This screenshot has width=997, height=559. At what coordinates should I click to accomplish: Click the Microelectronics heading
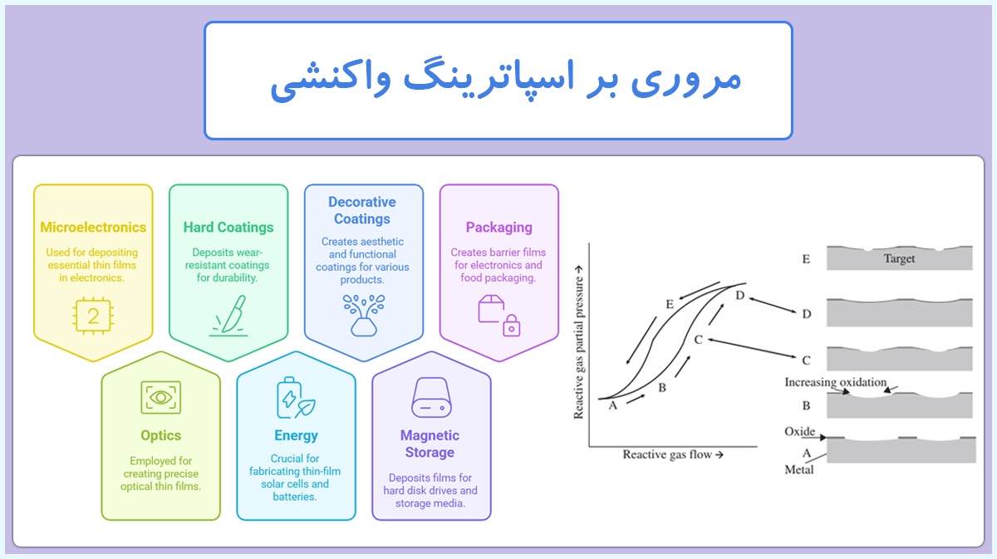pyautogui.click(x=93, y=227)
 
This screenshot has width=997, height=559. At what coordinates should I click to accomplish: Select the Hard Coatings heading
pyautogui.click(x=228, y=227)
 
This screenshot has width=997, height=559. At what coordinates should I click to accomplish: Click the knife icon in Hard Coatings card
pyautogui.click(x=228, y=315)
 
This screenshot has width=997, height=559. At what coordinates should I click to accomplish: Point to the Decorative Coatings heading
pyautogui.click(x=362, y=210)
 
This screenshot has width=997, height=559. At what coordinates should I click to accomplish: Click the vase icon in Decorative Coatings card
pyautogui.click(x=363, y=315)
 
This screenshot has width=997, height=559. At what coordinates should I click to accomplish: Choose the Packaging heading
pyautogui.click(x=498, y=227)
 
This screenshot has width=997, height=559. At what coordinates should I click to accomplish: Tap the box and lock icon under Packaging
pyautogui.click(x=498, y=315)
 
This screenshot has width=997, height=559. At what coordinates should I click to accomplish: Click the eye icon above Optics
pyautogui.click(x=160, y=397)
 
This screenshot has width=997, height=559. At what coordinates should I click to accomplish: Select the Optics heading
pyautogui.click(x=160, y=435)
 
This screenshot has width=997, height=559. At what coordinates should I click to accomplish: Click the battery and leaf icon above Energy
pyautogui.click(x=296, y=398)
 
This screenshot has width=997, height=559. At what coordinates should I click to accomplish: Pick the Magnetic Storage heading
pyautogui.click(x=430, y=444)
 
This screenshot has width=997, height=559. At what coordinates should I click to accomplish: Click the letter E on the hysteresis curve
pyautogui.click(x=669, y=304)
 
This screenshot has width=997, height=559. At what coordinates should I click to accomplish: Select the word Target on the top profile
pyautogui.click(x=899, y=258)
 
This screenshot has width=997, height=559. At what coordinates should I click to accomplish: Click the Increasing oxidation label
pyautogui.click(x=836, y=382)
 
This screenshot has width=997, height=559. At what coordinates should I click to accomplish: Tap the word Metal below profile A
pyautogui.click(x=799, y=469)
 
